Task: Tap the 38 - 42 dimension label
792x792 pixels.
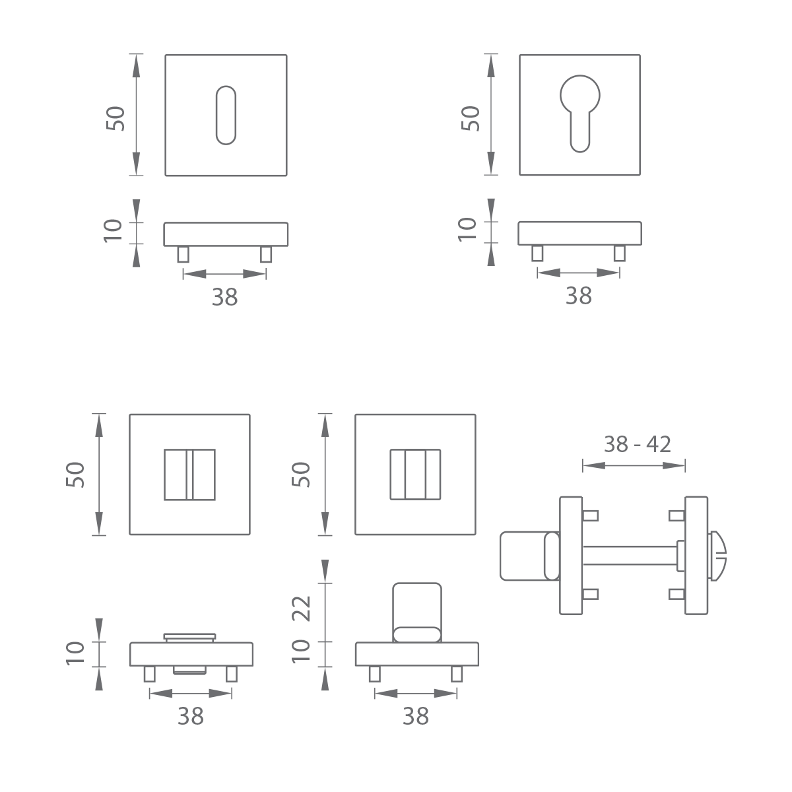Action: (x=637, y=444)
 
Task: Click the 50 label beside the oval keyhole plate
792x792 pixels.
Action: (x=115, y=119)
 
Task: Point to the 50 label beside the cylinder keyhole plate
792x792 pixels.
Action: (x=471, y=119)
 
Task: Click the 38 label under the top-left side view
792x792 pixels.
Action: (x=225, y=297)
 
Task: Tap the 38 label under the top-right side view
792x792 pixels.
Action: (x=579, y=296)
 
